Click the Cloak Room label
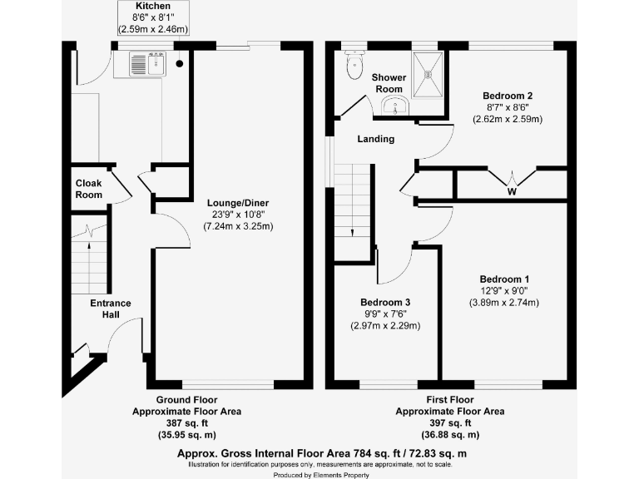point(88,189)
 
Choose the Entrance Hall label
point(111,309)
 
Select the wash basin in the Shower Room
point(394,106)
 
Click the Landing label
point(376,139)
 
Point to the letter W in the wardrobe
point(511,190)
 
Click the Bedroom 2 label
point(508,96)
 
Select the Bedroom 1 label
point(504,279)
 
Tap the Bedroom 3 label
point(385,302)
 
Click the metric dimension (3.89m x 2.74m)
point(504,302)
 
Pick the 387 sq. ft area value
point(186,423)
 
